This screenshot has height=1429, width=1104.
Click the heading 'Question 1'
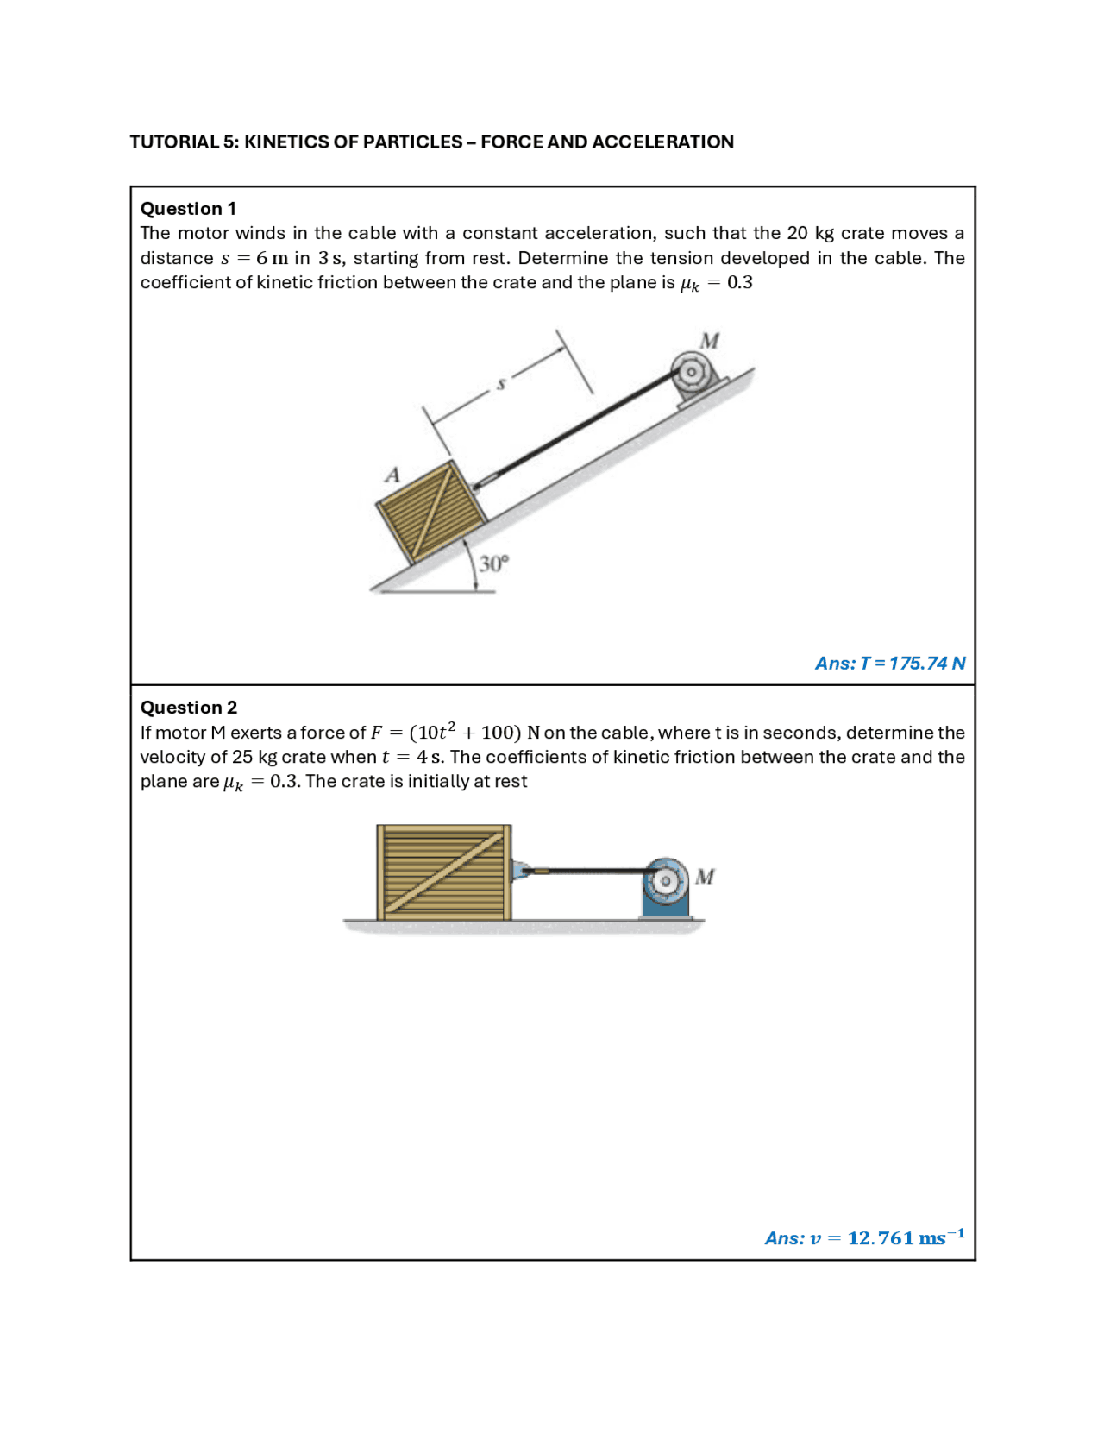[188, 209]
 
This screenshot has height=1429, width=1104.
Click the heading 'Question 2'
[188, 708]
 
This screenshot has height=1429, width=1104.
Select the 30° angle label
[494, 564]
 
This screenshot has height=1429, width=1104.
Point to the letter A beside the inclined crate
[392, 475]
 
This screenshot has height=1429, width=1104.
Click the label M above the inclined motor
[709, 341]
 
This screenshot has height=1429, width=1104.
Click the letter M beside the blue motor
[705, 877]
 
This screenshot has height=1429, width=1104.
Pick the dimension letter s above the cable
[501, 384]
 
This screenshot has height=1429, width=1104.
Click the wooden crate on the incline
[430, 511]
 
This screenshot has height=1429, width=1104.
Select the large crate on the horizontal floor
[444, 872]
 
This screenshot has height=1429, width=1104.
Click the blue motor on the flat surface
[665, 888]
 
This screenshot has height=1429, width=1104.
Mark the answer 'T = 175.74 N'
[913, 664]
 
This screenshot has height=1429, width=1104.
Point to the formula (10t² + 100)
[465, 733]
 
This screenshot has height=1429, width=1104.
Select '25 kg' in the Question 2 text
[254, 757]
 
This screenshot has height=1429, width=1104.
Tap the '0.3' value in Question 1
[739, 283]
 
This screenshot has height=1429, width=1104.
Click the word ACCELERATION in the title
[662, 142]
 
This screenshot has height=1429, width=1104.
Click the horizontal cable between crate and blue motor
[595, 871]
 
